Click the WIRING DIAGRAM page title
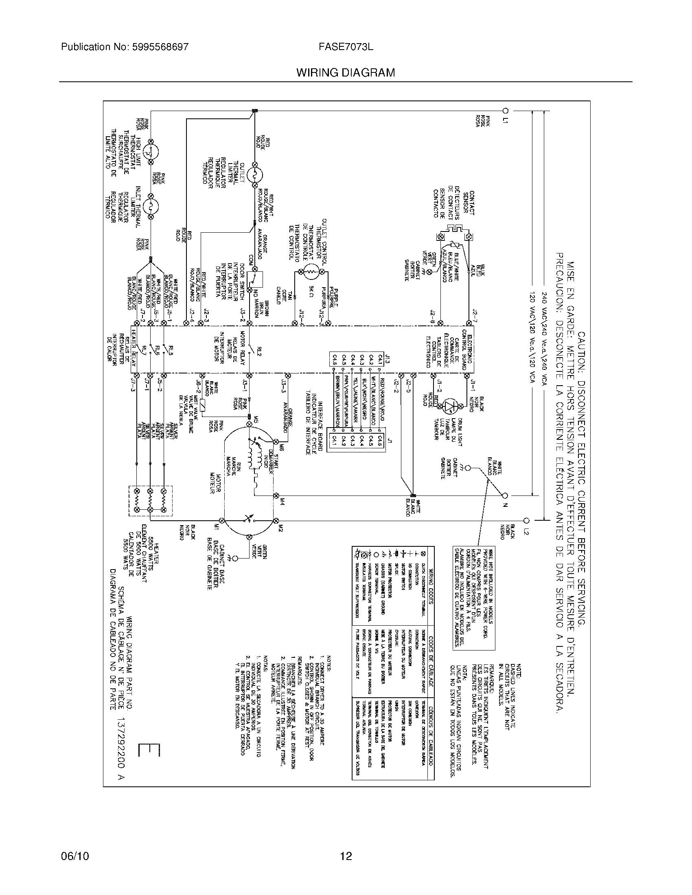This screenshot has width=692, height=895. [346, 73]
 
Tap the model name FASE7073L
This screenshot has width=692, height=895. [346, 47]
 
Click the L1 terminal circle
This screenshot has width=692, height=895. [506, 111]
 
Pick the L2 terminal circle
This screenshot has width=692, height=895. [527, 521]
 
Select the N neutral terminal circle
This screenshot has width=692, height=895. [506, 496]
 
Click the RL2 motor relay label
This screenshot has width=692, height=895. [259, 351]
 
